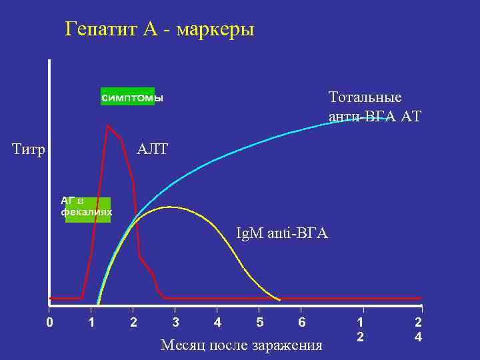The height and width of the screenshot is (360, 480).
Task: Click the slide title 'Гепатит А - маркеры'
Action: point(159,30)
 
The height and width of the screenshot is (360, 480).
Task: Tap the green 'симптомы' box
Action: point(127,97)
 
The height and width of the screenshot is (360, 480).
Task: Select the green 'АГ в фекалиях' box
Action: point(87,208)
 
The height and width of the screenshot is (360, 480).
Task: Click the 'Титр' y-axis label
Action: point(29,149)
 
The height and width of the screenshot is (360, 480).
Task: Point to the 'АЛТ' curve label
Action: point(152,149)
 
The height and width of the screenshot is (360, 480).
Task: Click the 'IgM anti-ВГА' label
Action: point(282,234)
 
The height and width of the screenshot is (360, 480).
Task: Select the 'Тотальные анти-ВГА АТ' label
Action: point(375,107)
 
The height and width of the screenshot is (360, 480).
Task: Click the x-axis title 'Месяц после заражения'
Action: point(241,345)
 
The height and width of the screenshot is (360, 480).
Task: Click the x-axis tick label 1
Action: point(91,323)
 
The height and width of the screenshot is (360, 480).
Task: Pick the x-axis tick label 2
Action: point(133,323)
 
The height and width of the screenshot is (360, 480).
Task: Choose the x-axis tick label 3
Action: point(175,323)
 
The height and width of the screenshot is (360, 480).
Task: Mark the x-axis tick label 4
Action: point(217,323)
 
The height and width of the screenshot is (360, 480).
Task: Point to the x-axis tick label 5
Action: point(259,323)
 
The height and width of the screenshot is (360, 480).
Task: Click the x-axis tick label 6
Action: point(302,323)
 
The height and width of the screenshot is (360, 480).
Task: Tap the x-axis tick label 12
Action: point(361,329)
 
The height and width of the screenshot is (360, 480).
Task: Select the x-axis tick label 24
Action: point(418,329)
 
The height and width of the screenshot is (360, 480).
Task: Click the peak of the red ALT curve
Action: point(107,125)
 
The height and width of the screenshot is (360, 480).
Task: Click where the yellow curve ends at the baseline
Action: point(280,297)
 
